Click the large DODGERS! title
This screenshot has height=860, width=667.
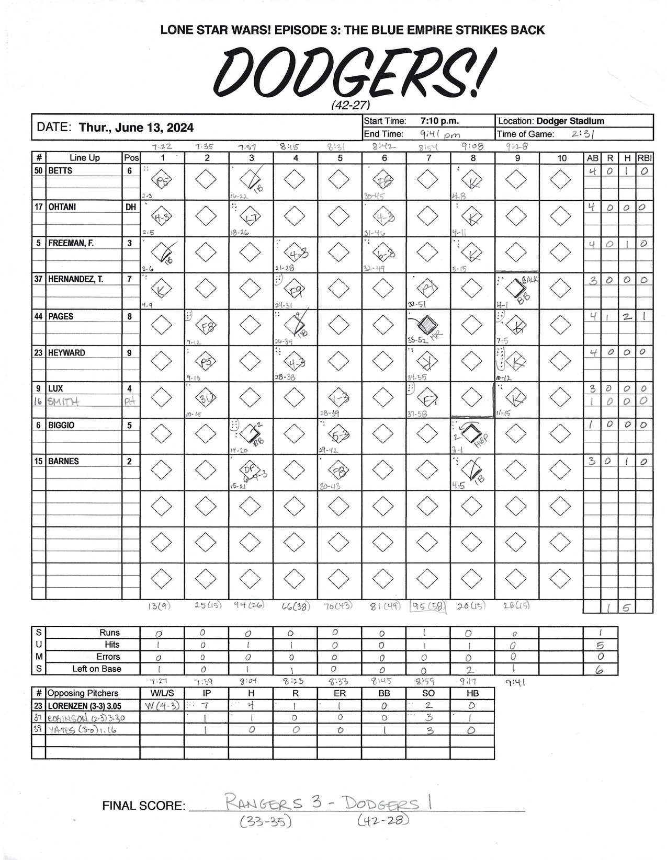pyautogui.click(x=353, y=71)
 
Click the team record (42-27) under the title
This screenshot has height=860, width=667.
pyautogui.click(x=351, y=105)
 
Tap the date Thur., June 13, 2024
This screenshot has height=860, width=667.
pyautogui.click(x=136, y=128)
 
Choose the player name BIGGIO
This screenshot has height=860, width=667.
pyautogui.click(x=61, y=425)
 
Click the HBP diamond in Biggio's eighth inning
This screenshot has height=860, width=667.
pyautogui.click(x=472, y=433)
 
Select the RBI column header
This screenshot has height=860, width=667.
pyautogui.click(x=645, y=157)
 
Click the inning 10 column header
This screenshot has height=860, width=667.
pyautogui.click(x=561, y=157)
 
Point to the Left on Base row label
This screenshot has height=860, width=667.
pyautogui.click(x=96, y=669)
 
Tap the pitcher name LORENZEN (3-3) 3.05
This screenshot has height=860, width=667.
pyautogui.click(x=85, y=705)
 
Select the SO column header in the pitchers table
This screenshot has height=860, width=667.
pyautogui.click(x=428, y=693)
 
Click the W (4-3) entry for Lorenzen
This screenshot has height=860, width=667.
pyautogui.click(x=162, y=705)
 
